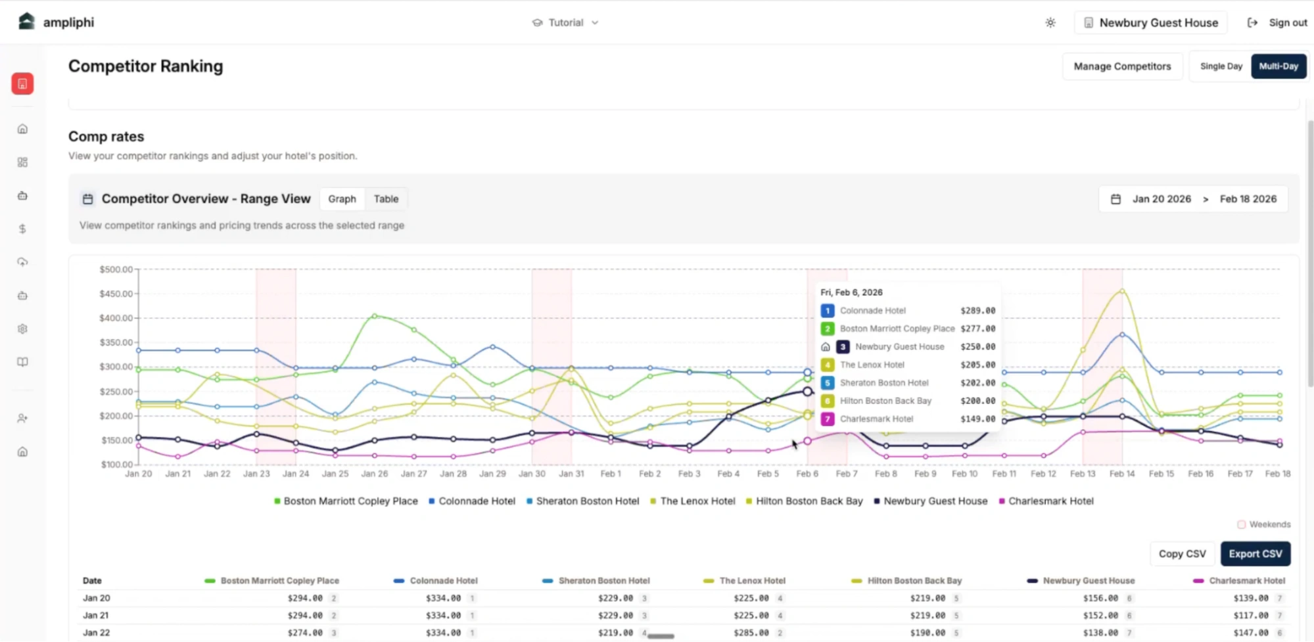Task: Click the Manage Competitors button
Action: coord(1122,66)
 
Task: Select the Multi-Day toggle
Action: coord(1278,66)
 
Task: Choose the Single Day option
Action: coord(1221,66)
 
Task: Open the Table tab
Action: coord(386,199)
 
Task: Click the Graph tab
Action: coord(342,199)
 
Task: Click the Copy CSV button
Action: coord(1182,554)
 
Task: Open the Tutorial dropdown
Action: coord(565,22)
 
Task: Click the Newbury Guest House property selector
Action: coord(1150,22)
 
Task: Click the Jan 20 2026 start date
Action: coord(1161,199)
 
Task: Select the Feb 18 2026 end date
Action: coord(1248,199)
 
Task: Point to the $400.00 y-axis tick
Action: coord(116,318)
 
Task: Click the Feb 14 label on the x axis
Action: coord(1121,474)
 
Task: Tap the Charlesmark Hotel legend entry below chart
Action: coord(1050,501)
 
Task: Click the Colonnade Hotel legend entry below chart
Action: coord(477,501)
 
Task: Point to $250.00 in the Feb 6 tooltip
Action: coord(977,347)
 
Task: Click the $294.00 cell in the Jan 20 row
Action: coord(305,598)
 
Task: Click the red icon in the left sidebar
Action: coord(22,83)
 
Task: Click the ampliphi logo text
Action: coord(68,22)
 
